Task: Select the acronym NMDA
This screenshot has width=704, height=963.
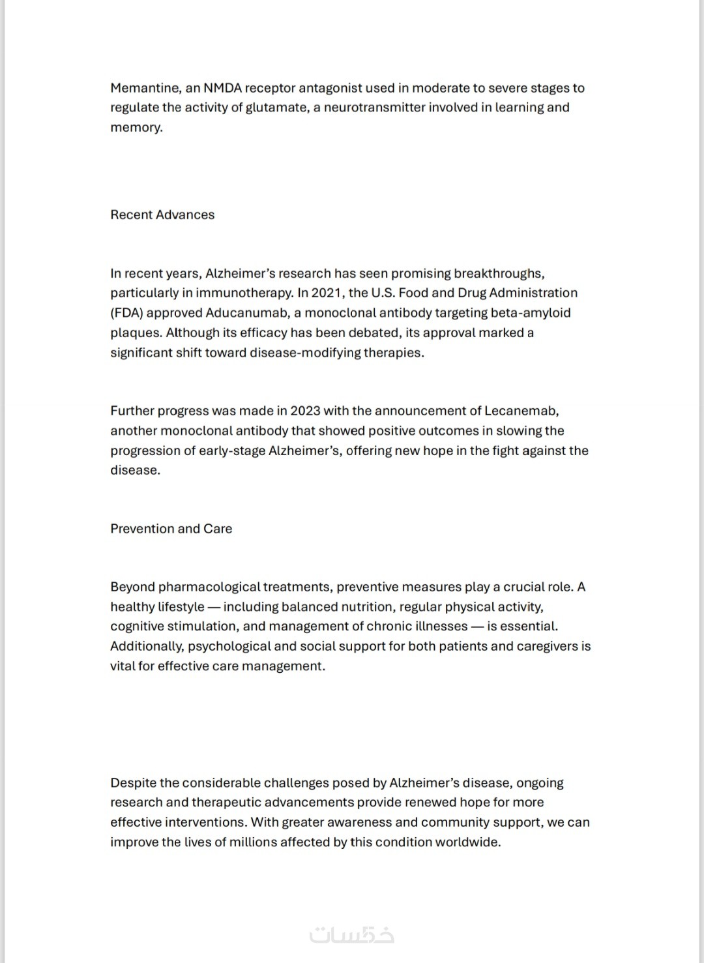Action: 222,88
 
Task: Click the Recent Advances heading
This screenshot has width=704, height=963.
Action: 162,215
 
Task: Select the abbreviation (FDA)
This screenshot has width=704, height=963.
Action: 126,313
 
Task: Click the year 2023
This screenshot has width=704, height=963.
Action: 305,411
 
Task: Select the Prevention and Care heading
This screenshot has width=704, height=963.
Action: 171,529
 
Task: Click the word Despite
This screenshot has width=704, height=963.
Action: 133,782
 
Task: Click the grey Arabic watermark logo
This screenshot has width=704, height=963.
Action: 352,934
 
